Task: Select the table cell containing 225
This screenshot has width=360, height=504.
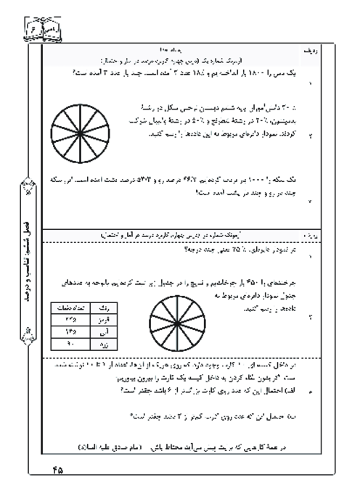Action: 73,318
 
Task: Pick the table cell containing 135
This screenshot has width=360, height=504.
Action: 73,330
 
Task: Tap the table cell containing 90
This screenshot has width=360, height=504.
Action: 73,342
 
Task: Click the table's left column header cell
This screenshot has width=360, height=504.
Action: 73,307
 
